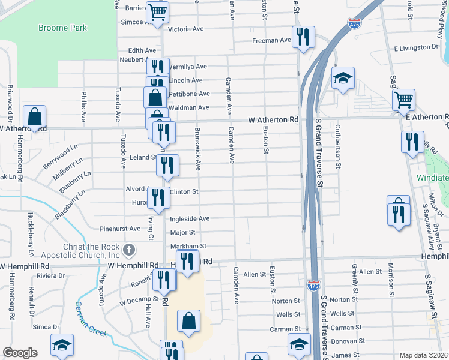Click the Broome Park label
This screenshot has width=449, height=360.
[x=62, y=28]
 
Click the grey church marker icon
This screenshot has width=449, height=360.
[x=128, y=250]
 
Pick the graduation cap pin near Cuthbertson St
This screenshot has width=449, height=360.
[x=343, y=77]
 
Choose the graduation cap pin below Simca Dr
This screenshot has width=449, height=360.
[x=62, y=345]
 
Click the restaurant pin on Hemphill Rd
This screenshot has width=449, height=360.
[x=188, y=261]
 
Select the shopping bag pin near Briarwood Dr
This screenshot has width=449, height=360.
[x=35, y=116]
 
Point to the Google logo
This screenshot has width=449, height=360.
[x=20, y=353]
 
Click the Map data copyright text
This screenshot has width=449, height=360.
[x=424, y=355]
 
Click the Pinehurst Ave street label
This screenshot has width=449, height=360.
[x=120, y=229]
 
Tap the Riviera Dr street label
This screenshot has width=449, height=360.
[x=51, y=275]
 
